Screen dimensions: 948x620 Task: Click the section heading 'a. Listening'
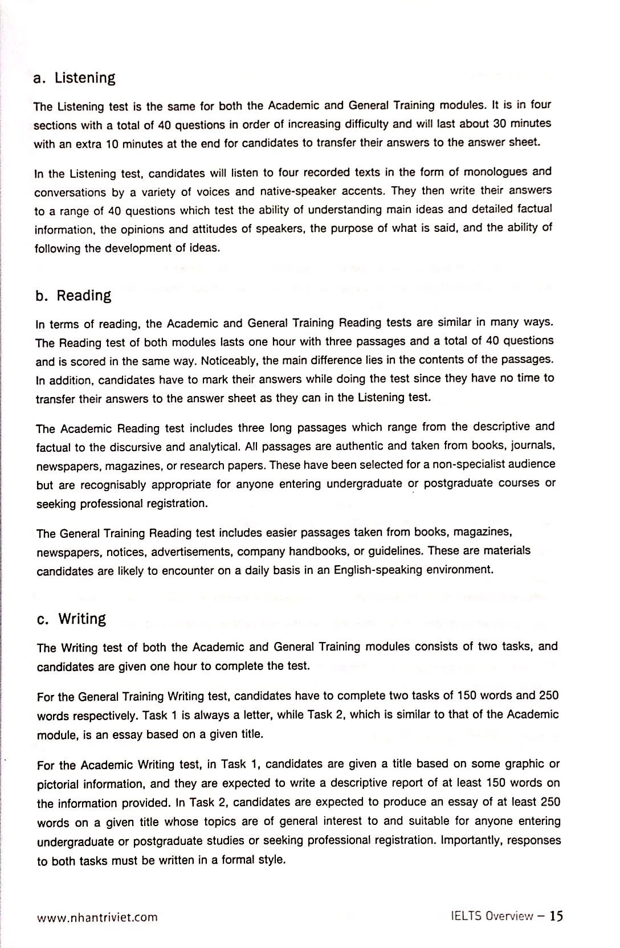pos(75,78)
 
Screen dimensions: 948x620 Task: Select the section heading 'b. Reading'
pos(74,296)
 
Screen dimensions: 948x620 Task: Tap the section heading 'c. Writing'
pos(72,619)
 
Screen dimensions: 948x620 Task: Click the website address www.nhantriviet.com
pos(97,917)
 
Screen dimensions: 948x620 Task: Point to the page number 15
pos(556,916)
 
